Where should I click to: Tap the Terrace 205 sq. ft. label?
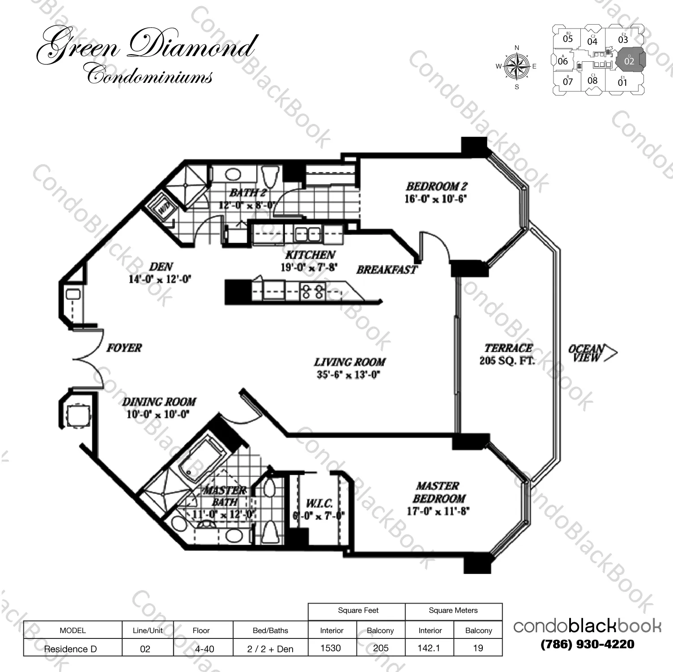(508, 354)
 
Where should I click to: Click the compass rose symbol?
(517, 67)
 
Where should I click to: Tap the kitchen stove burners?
(312, 292)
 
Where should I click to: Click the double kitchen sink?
(307, 234)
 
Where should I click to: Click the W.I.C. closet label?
(319, 504)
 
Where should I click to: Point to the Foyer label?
(124, 348)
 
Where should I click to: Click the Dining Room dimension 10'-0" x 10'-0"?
(158, 414)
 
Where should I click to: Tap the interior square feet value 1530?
(331, 648)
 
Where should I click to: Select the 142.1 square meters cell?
(429, 648)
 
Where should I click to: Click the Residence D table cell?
(70, 649)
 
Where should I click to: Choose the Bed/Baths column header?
(270, 630)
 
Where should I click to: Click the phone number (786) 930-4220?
(587, 644)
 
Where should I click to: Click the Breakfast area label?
(387, 270)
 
